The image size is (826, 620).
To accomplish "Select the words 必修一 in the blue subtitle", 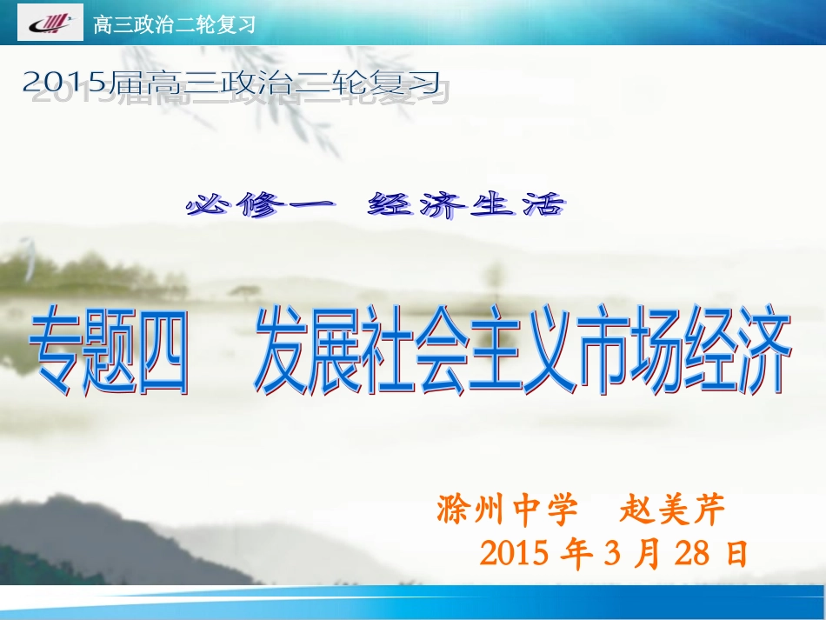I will [x=260, y=206].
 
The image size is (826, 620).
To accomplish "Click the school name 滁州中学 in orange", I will [x=507, y=510].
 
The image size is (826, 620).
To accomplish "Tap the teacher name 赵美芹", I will [x=672, y=510].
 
